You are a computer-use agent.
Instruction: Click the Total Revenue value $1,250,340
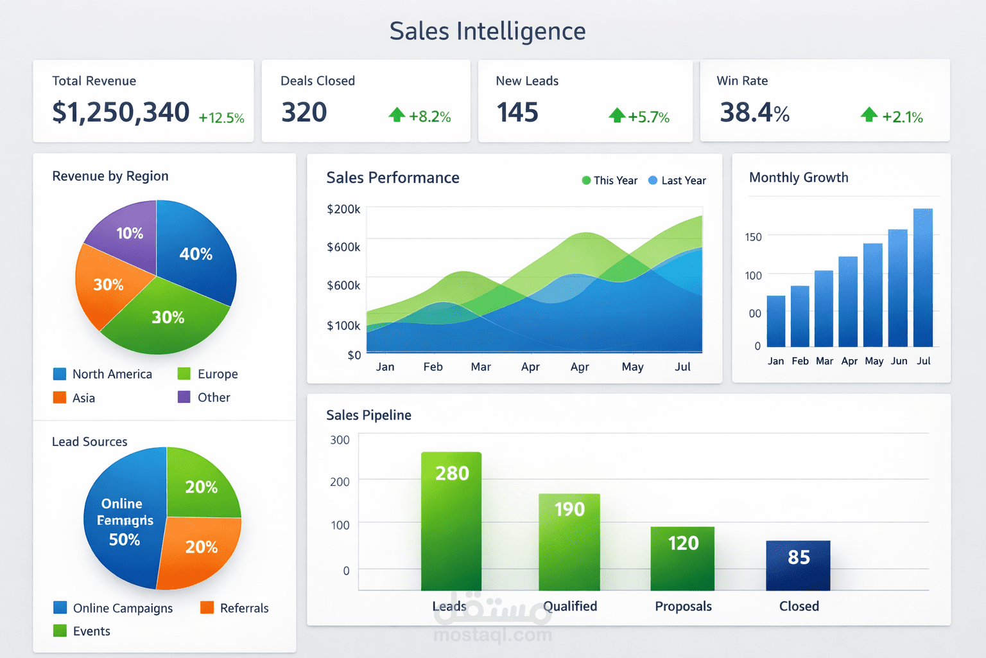121,112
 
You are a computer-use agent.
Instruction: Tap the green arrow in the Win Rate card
869,115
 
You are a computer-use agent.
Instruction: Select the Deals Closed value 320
304,112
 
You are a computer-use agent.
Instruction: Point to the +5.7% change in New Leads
648,117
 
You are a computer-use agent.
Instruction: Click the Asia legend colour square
60,398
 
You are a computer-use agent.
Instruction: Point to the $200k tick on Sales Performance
343,209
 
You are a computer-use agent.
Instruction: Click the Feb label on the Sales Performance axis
433,367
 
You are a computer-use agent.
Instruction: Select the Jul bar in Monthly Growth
923,278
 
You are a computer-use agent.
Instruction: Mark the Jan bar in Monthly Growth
776,321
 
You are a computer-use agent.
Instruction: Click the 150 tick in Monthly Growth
753,237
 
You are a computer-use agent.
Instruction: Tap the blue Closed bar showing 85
798,565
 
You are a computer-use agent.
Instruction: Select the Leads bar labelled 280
451,520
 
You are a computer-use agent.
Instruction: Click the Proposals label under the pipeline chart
683,607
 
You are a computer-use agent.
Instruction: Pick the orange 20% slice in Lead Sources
200,549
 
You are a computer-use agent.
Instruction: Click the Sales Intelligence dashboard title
487,31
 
